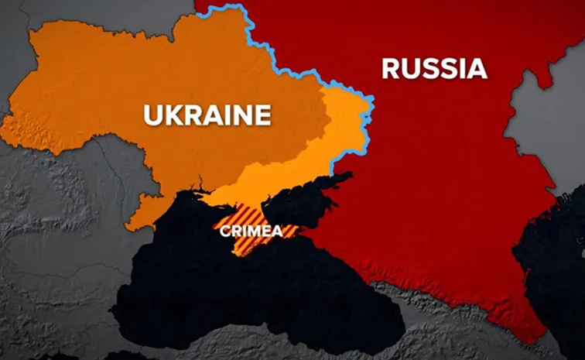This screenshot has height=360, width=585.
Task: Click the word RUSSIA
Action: click(434, 69)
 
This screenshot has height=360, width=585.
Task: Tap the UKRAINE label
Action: click(207, 115)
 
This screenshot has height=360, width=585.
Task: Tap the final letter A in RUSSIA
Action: click(477, 69)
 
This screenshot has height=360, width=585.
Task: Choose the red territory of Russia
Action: click(449, 170)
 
